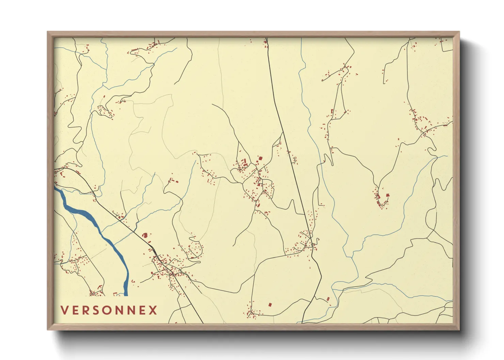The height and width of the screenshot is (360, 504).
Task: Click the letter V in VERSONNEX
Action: [x=64, y=310]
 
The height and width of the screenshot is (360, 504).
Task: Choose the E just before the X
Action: [x=142, y=310]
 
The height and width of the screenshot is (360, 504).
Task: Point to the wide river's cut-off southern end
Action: [x=126, y=294]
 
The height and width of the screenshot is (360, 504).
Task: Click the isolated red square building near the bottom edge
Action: [x=270, y=305]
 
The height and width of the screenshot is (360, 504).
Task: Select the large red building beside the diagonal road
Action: [x=145, y=235]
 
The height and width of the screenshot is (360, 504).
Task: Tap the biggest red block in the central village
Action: [x=260, y=158]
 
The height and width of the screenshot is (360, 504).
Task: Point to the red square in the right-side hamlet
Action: [x=388, y=195]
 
